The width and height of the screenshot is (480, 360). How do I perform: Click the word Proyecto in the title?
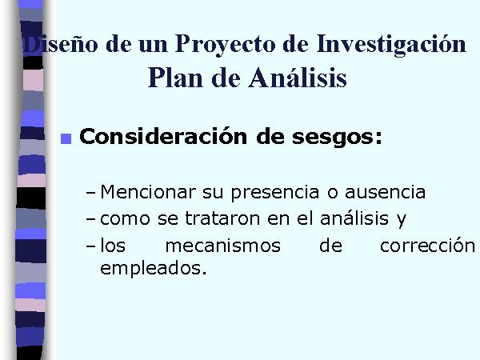click(225, 45)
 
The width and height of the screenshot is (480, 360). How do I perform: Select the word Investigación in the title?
click(391, 45)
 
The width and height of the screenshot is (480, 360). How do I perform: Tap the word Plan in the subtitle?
click(175, 78)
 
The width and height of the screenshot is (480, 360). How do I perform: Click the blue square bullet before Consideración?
click(66, 138)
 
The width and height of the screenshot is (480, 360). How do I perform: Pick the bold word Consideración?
click(163, 137)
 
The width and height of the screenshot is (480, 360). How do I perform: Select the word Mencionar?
click(148, 192)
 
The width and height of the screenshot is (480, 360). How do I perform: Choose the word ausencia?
click(385, 193)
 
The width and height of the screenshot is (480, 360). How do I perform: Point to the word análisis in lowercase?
click(354, 218)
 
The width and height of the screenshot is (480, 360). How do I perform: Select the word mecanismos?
click(223, 246)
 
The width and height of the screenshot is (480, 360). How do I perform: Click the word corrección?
click(427, 246)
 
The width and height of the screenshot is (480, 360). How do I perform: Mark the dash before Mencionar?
click(91, 194)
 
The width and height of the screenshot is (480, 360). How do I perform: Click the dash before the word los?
click(91, 246)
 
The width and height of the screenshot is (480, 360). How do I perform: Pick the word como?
click(126, 220)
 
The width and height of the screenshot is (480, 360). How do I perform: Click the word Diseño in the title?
click(60, 45)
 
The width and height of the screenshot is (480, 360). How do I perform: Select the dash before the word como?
click(91, 220)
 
